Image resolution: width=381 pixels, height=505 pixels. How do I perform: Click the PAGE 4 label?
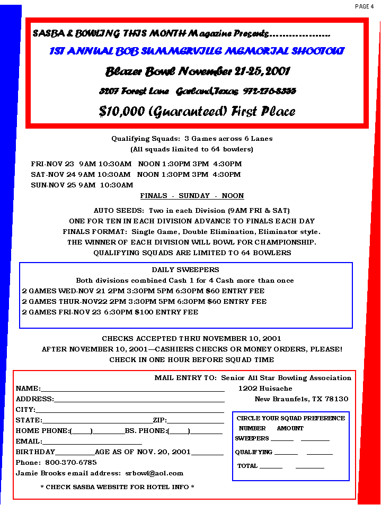(364, 6)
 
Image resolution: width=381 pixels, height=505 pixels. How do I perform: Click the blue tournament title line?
(197, 51)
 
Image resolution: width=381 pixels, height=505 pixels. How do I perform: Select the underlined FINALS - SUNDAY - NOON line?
(192, 196)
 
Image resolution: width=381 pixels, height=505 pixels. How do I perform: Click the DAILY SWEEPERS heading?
(185, 270)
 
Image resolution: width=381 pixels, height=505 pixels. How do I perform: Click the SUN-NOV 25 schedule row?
(82, 185)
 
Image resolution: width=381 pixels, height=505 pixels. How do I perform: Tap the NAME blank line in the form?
(132, 391)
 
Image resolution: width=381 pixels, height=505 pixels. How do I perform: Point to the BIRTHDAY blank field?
(75, 454)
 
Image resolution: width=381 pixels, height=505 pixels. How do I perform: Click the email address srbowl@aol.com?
(154, 473)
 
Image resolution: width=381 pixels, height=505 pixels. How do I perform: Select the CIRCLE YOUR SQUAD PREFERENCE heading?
(290, 418)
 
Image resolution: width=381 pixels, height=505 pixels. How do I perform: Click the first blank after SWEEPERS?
(282, 440)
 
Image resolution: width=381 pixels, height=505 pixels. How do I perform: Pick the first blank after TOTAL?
(271, 467)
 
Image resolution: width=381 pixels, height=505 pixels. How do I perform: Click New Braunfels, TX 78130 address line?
(301, 399)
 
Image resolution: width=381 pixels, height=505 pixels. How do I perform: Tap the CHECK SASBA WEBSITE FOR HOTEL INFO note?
(117, 486)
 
